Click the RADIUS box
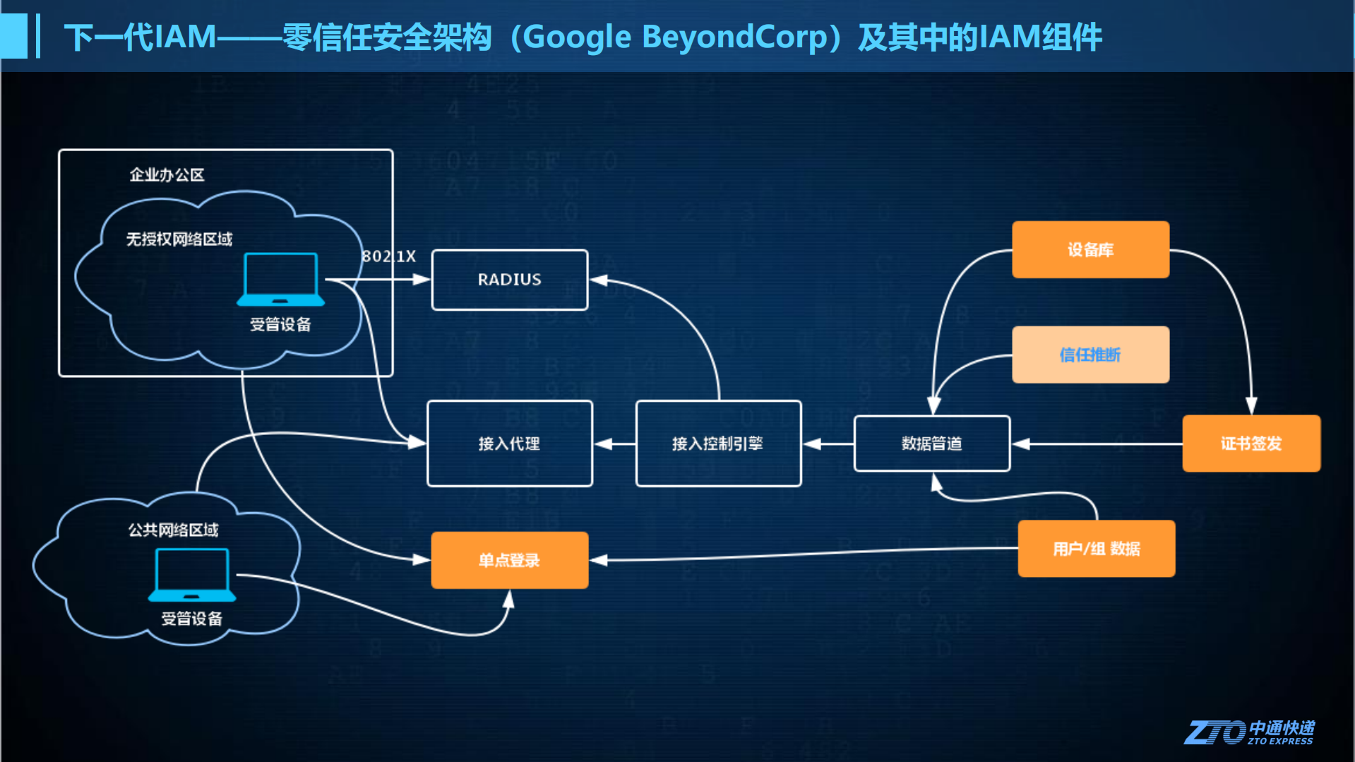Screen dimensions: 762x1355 click(x=509, y=280)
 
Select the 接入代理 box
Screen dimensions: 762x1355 click(x=509, y=443)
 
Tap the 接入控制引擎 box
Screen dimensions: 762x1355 click(x=718, y=443)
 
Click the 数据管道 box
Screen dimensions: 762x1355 click(x=931, y=443)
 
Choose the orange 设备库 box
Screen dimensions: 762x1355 click(x=1090, y=249)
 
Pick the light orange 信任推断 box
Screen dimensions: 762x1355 click(x=1090, y=355)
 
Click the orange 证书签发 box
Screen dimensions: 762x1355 click(x=1250, y=443)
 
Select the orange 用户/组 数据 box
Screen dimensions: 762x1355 click(x=1096, y=549)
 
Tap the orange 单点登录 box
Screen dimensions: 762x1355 click(x=509, y=560)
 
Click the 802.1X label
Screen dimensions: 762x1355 click(x=389, y=256)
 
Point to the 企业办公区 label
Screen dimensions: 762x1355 click(x=167, y=174)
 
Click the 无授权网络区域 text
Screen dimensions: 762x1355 click(x=179, y=239)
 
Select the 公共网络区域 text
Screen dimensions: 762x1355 click(x=173, y=530)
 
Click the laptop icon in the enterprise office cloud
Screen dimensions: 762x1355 click(x=280, y=279)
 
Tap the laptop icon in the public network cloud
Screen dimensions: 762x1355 click(x=191, y=574)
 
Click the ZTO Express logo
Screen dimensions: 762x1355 click(x=1248, y=732)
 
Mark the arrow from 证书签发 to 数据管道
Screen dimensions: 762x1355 click(x=1098, y=444)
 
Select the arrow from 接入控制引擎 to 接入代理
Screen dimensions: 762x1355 click(x=614, y=444)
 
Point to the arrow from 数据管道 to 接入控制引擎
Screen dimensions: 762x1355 click(x=828, y=444)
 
